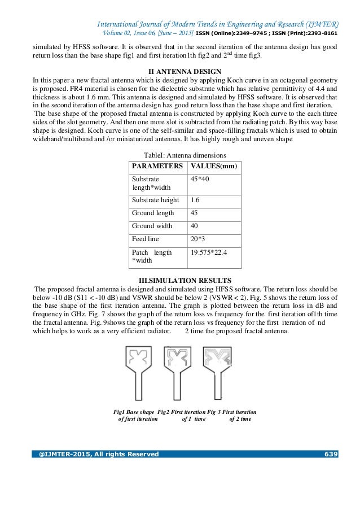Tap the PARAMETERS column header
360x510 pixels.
pyautogui.click(x=157, y=167)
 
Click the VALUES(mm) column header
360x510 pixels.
pyautogui.click(x=213, y=167)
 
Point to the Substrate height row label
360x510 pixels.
pyautogui.click(x=155, y=200)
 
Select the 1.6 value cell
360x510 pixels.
pyautogui.click(x=195, y=200)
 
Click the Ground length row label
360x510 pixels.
pyautogui.click(x=153, y=213)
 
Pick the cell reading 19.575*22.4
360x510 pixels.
pyautogui.click(x=209, y=252)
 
